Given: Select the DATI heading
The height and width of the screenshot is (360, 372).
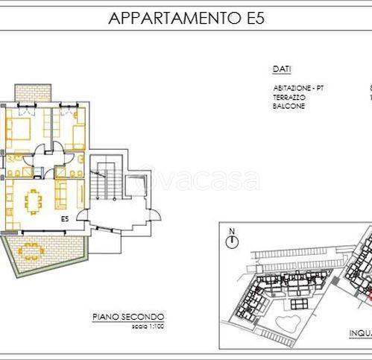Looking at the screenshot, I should (282, 69).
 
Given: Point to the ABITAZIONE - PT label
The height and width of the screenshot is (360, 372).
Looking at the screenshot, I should (298, 89).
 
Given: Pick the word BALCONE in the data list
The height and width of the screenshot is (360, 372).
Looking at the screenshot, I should (289, 106).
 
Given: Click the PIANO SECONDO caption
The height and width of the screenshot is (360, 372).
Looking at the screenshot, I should (128, 317).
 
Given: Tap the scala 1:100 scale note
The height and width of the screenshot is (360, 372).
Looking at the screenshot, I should (128, 326).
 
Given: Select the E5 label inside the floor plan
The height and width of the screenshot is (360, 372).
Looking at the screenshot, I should (66, 220).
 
